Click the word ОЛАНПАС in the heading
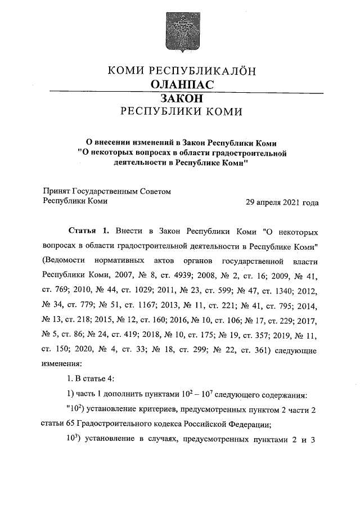[180, 84]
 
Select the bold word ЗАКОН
[180, 98]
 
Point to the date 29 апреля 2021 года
[282, 202]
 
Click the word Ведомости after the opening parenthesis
[65, 260]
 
